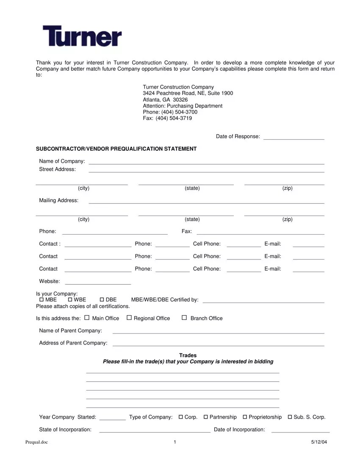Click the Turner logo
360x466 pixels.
[82, 36]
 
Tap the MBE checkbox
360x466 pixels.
[41, 300]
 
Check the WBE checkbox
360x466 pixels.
[70, 300]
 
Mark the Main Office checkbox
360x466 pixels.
[87, 318]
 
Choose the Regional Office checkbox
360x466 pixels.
[129, 318]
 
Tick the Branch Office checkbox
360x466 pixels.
[184, 318]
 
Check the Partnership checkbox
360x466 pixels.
[206, 417]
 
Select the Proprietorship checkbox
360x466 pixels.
[245, 417]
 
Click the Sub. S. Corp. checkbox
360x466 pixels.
[290, 417]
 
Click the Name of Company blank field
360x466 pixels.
[206, 162]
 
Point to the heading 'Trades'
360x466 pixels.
[188, 355]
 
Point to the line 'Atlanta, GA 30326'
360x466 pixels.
[165, 100]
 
